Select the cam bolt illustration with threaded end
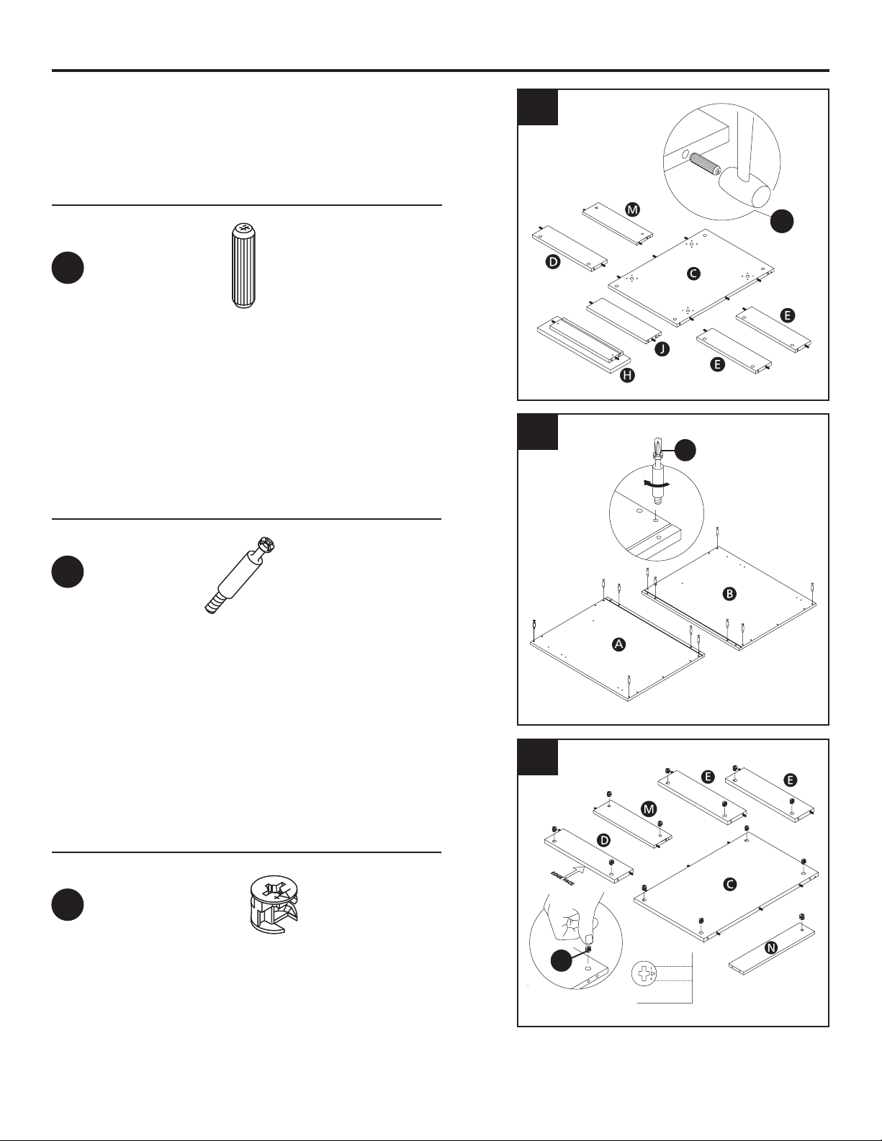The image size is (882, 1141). [x=240, y=575]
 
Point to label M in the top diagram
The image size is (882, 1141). [x=633, y=209]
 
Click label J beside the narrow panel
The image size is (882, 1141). [x=662, y=348]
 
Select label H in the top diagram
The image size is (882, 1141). [x=627, y=376]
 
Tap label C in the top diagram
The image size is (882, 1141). [x=693, y=273]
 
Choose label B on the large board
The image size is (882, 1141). [x=729, y=594]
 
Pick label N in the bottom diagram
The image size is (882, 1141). [x=771, y=947]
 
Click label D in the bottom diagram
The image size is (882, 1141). [x=604, y=841]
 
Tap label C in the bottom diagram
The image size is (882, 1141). [x=730, y=884]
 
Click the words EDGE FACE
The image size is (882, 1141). [x=562, y=880]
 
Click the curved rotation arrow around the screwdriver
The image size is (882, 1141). [x=656, y=485]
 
